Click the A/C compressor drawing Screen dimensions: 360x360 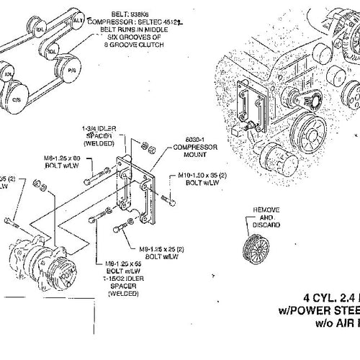[x=32, y=258]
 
